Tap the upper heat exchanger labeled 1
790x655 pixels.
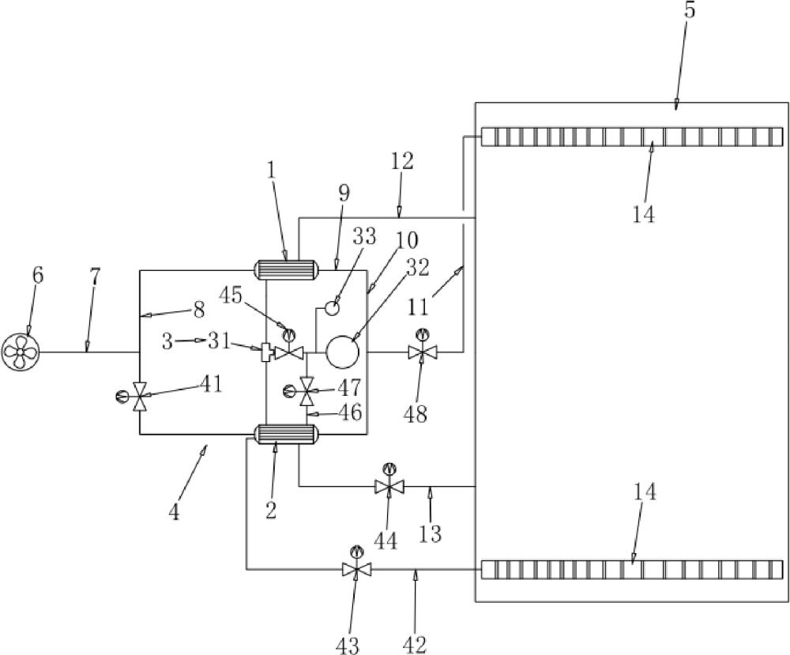tap(288, 269)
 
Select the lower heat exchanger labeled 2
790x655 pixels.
tap(288, 434)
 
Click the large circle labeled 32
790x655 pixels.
tap(342, 352)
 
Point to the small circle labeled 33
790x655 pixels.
tap(332, 307)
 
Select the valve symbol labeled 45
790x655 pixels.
tap(289, 348)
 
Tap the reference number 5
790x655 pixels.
tap(690, 10)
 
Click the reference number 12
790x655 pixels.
tap(401, 161)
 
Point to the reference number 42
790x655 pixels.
tap(415, 645)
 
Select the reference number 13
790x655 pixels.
tap(430, 533)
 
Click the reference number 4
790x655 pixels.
tap(174, 513)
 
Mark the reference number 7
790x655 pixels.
tap(95, 277)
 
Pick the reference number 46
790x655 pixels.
tap(350, 412)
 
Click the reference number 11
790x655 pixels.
tap(418, 307)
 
